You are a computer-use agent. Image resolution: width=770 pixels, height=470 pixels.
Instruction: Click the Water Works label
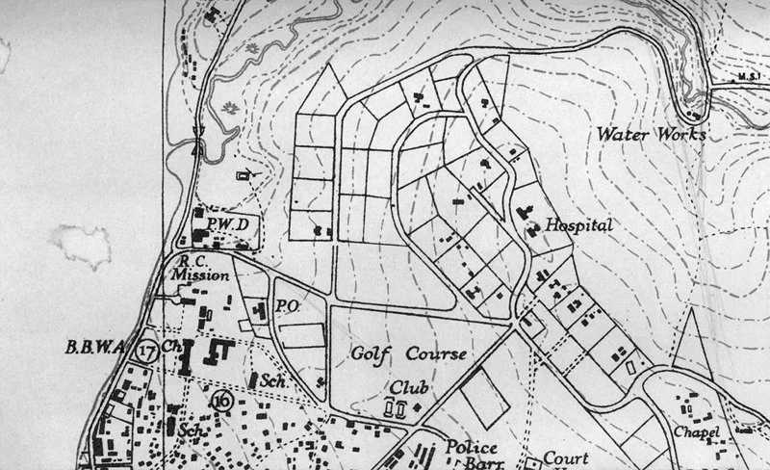pyautogui.click(x=651, y=133)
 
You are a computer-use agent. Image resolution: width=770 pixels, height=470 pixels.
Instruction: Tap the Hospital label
pyautogui.click(x=579, y=225)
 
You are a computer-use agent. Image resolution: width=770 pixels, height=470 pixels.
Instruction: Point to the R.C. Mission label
pyautogui.click(x=199, y=268)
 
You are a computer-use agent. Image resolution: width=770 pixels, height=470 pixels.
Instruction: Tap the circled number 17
pyautogui.click(x=147, y=350)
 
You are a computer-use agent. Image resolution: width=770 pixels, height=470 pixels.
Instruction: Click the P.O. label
pyautogui.click(x=285, y=306)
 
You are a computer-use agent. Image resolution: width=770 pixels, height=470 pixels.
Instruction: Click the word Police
pyautogui.click(x=471, y=448)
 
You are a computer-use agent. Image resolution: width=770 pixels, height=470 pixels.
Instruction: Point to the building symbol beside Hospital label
pyautogui.click(x=534, y=227)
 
